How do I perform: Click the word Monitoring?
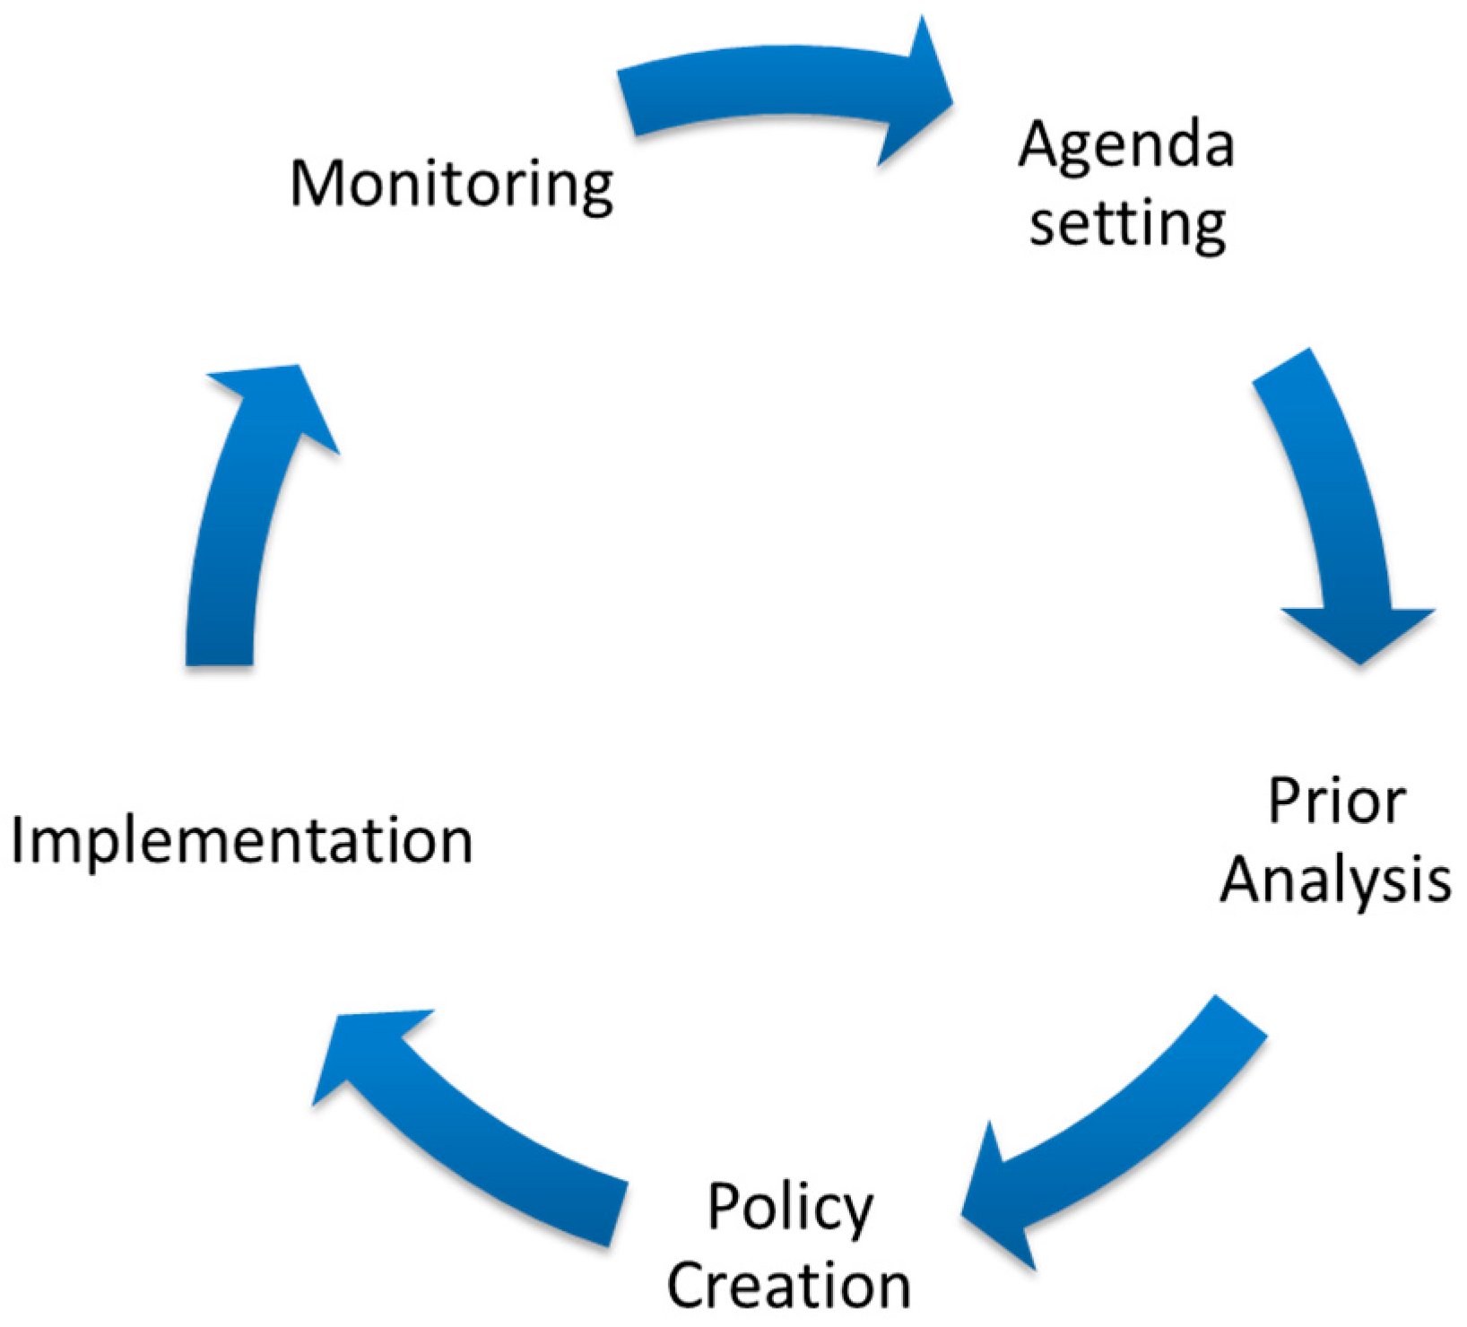[x=452, y=185]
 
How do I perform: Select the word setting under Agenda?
[x=1127, y=224]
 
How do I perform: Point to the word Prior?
[x=1336, y=801]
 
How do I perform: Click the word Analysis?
[x=1335, y=880]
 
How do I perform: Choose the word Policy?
[x=789, y=1209]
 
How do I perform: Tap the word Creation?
[x=789, y=1286]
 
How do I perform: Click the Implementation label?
[x=242, y=841]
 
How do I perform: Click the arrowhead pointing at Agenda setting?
[x=915, y=94]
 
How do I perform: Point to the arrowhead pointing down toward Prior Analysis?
[x=1359, y=632]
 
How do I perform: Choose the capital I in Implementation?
[x=18, y=840]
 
